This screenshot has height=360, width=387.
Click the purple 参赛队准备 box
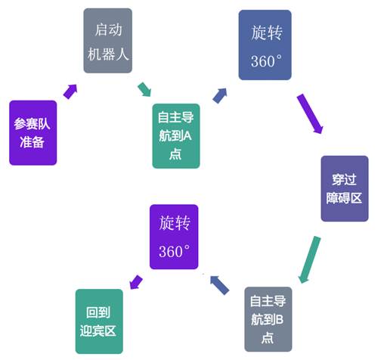click(33, 133)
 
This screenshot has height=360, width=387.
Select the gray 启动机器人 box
click(108, 41)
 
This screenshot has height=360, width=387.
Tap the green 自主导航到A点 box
click(176, 136)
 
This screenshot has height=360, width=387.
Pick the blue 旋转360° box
click(265, 45)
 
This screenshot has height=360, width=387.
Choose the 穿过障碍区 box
click(345, 188)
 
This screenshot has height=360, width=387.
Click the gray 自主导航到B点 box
click(268, 319)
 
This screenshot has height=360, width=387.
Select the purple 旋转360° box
click(174, 237)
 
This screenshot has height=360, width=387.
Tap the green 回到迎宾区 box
click(99, 321)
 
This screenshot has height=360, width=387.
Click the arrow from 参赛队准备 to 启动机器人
click(70, 92)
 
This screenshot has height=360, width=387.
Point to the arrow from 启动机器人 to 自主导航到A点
click(144, 89)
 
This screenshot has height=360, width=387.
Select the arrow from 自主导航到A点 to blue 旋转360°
click(220, 95)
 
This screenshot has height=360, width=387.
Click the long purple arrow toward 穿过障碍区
click(310, 113)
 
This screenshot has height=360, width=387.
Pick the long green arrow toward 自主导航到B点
click(309, 259)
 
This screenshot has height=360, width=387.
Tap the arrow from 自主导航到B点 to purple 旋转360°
click(219, 285)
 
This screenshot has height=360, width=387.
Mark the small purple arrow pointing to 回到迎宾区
click(136, 282)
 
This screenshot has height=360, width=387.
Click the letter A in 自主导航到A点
click(187, 136)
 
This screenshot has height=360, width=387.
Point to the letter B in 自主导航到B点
click(279, 319)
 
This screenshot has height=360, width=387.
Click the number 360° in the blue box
click(266, 61)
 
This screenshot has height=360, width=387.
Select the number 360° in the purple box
click(174, 251)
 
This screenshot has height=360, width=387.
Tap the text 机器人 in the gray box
click(108, 54)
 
